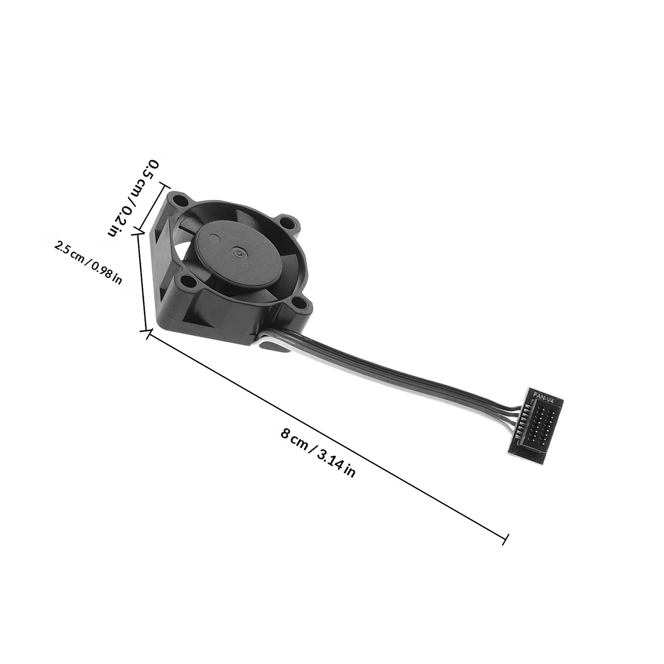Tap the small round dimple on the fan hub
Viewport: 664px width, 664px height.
[214, 238]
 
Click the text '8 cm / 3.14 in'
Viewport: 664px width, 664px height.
[318, 454]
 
